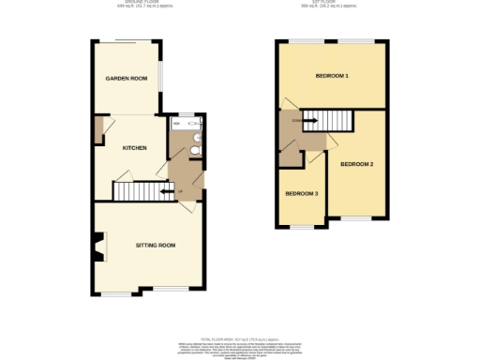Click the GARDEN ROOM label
click(126, 79)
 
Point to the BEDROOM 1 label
click(332, 75)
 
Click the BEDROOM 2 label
click(357, 165)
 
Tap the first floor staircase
click(329, 119)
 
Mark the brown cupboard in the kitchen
click(97, 130)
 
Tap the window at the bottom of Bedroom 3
click(302, 226)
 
